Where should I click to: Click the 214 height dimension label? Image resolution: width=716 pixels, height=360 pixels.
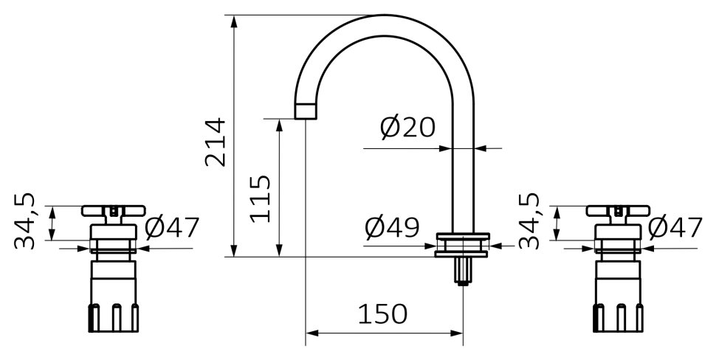click(215, 142)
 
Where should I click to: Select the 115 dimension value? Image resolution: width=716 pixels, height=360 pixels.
click(261, 198)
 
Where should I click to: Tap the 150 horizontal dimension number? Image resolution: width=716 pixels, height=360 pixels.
click(382, 314)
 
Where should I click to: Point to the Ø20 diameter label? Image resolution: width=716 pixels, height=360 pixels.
click(407, 128)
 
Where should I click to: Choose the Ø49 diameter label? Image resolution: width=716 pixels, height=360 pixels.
click(392, 227)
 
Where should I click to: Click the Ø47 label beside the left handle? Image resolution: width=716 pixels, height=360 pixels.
click(172, 227)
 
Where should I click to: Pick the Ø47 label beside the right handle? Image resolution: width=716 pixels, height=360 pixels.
click(675, 227)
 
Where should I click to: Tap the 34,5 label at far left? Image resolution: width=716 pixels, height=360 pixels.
click(24, 221)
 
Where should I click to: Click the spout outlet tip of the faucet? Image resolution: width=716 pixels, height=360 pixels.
click(306, 111)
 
